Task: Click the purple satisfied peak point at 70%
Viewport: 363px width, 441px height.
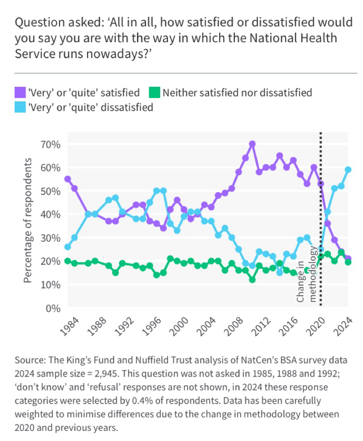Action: [x=252, y=144]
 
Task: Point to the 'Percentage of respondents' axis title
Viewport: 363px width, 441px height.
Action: [x=29, y=221]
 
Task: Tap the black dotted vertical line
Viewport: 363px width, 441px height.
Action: [x=321, y=218]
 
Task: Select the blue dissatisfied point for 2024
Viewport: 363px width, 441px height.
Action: [x=348, y=169]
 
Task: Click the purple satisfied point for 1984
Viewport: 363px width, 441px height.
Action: [x=67, y=179]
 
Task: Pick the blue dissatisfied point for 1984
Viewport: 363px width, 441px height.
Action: [x=67, y=247]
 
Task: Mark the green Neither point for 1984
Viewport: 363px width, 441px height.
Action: [x=67, y=261]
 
